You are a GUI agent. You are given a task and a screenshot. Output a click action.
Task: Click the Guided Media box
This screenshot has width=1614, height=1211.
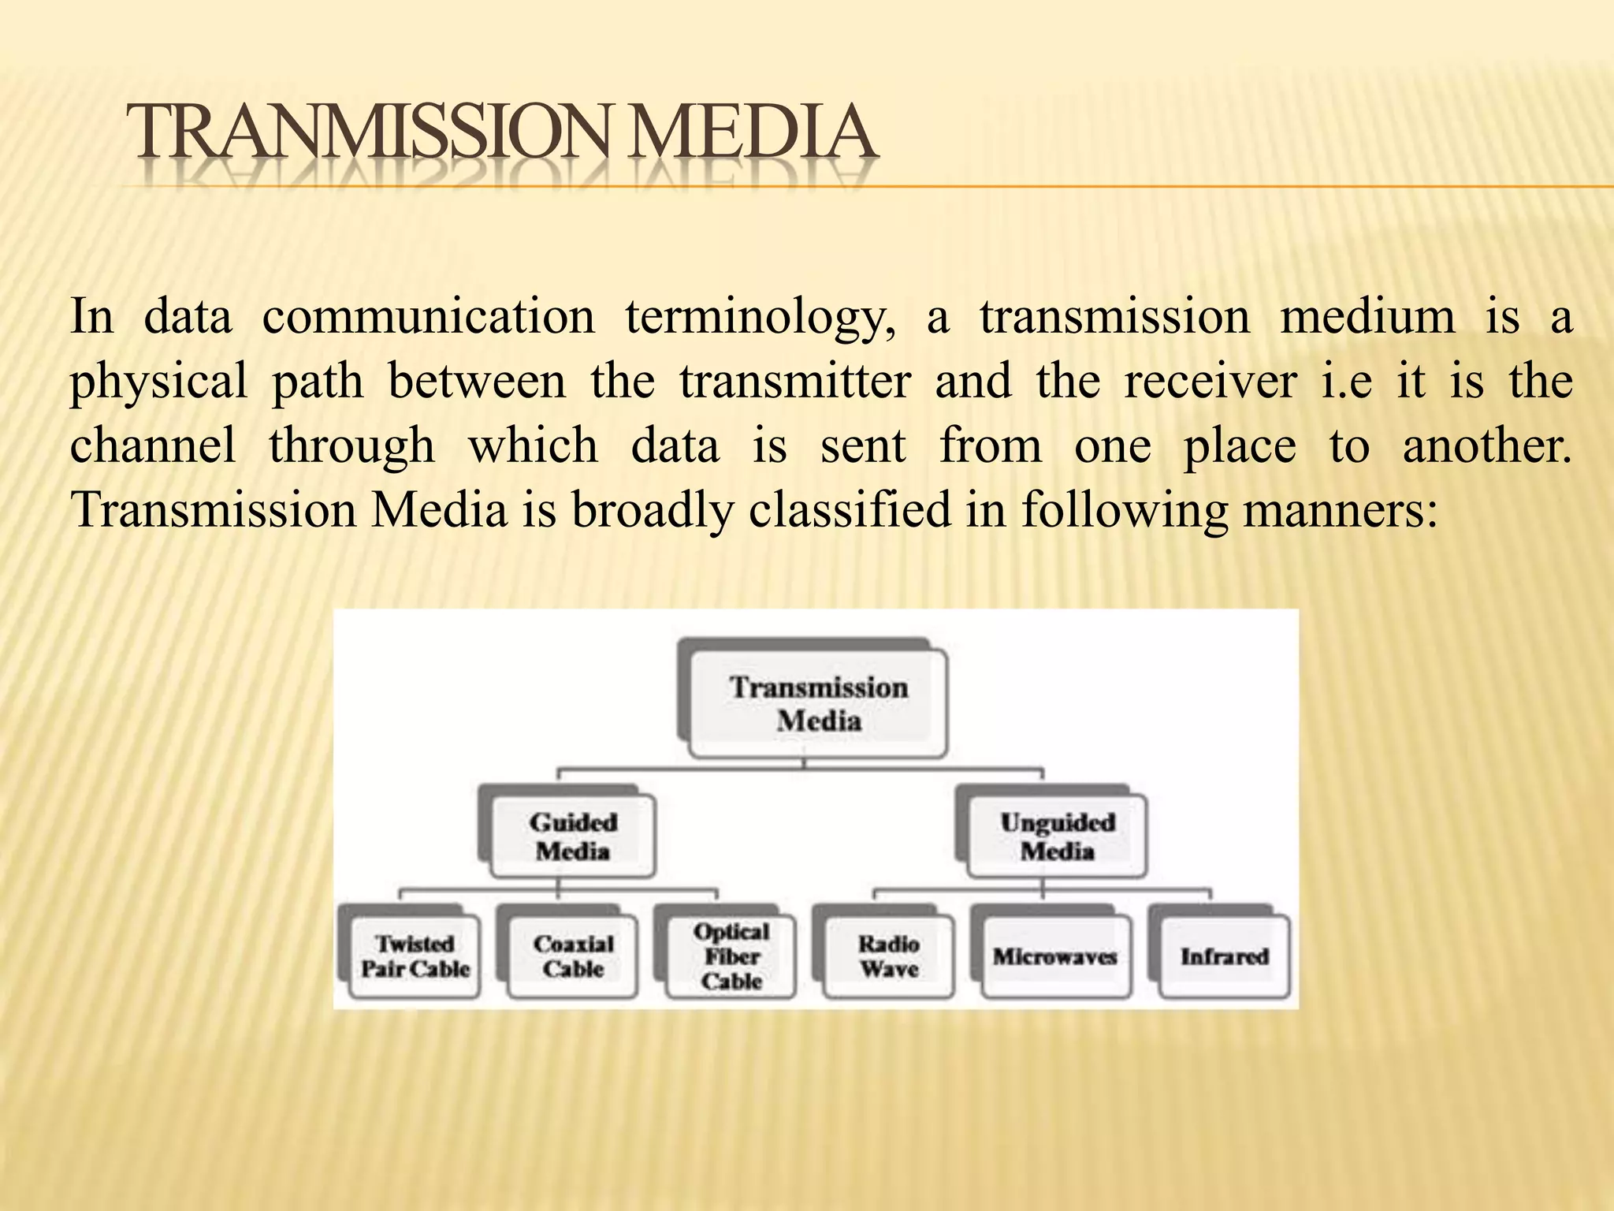tap(573, 837)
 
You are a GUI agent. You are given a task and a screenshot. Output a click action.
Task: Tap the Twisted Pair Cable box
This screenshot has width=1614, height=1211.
tap(415, 956)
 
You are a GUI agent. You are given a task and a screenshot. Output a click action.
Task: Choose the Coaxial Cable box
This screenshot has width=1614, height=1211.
tap(573, 956)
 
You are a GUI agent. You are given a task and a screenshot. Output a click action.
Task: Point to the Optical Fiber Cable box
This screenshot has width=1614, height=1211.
tap(731, 956)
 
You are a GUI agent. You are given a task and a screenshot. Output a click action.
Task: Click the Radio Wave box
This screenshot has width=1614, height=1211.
tap(889, 956)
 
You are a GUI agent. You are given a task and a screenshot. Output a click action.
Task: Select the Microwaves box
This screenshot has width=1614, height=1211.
tap(1054, 957)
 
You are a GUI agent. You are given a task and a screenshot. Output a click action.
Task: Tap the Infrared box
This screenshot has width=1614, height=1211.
tap(1224, 957)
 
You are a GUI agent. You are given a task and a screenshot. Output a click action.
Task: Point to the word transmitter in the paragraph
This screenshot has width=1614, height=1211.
tap(795, 382)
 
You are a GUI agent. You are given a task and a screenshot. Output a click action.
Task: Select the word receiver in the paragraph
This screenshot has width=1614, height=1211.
tap(1210, 382)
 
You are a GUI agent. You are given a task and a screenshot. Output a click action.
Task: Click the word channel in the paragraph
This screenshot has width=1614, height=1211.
tap(153, 446)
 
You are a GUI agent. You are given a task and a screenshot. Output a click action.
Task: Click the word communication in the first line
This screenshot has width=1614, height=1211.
tap(428, 318)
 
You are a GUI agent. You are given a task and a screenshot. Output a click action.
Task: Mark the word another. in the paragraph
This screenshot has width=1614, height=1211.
tap(1486, 446)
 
